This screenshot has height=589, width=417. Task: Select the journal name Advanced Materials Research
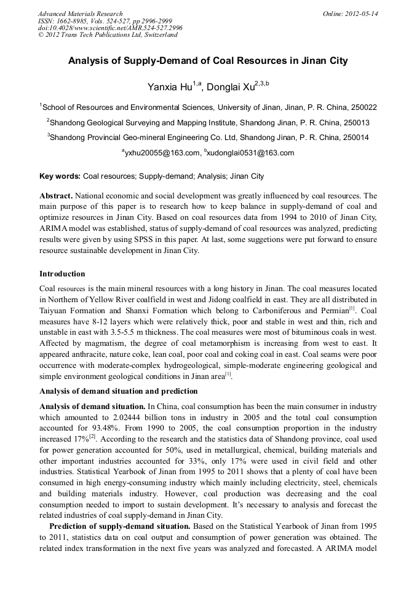pyautogui.click(x=80, y=14)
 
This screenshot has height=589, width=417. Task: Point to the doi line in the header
pyautogui.click(x=109, y=28)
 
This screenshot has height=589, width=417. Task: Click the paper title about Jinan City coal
pyautogui.click(x=208, y=61)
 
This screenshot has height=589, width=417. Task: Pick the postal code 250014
pyautogui.click(x=355, y=138)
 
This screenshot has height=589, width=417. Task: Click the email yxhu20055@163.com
pyautogui.click(x=162, y=153)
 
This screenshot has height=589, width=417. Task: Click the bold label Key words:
pyautogui.click(x=60, y=176)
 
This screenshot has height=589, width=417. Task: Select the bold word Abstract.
pyautogui.click(x=56, y=195)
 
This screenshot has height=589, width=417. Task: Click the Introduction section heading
pyautogui.click(x=62, y=274)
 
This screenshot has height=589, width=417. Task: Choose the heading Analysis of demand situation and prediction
pyautogui.click(x=119, y=391)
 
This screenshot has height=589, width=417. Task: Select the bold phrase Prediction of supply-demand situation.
pyautogui.click(x=120, y=528)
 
